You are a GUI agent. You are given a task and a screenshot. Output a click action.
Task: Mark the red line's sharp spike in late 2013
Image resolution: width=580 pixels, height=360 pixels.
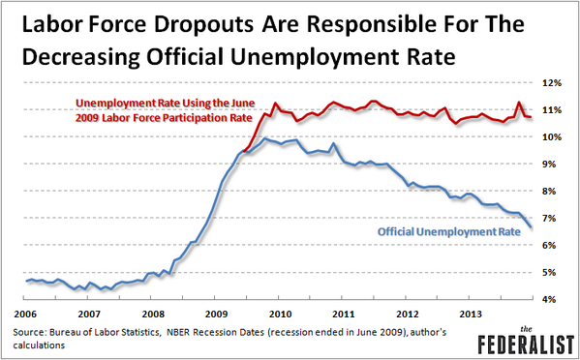coord(520,103)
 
